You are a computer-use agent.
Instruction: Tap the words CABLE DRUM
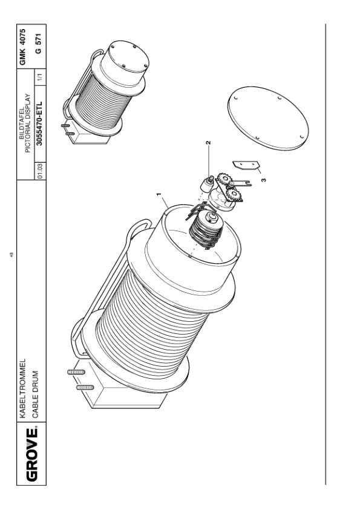point(36,394)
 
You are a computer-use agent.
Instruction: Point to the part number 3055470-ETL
point(39,123)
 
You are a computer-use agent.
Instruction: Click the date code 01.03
point(40,171)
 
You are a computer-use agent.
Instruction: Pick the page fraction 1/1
point(40,77)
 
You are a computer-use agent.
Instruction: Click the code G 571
point(38,42)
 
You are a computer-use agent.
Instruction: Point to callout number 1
point(159,195)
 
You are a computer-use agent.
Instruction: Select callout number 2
point(208,142)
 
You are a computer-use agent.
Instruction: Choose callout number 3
point(263,180)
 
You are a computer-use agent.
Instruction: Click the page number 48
point(11,254)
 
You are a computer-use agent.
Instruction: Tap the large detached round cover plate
point(268,119)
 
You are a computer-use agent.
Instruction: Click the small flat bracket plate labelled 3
point(246,165)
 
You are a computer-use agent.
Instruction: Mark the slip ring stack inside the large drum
point(206,229)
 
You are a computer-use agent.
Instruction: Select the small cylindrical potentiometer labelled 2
point(206,185)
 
